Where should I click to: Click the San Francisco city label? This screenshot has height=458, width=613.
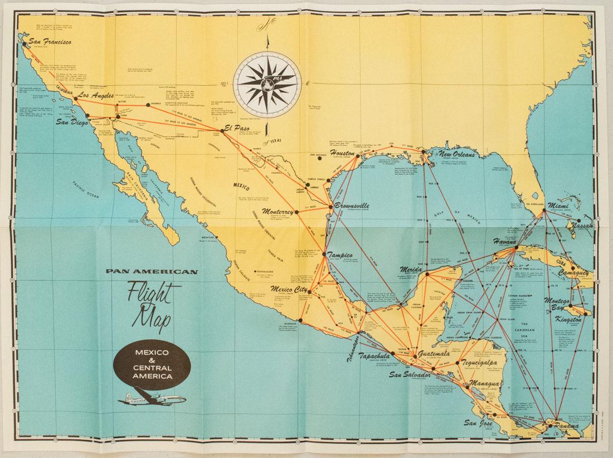click(x=51, y=41)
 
